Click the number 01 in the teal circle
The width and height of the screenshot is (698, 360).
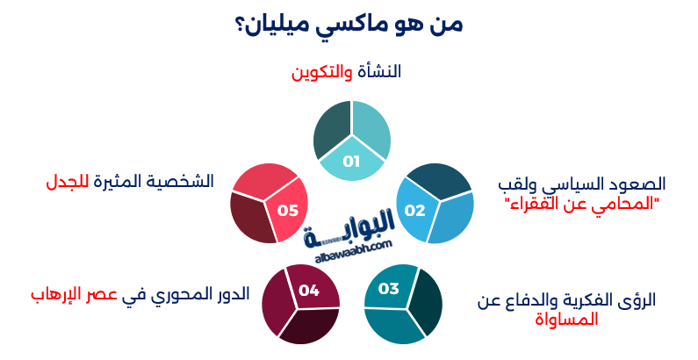[352, 162]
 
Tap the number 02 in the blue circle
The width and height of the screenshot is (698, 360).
[414, 211]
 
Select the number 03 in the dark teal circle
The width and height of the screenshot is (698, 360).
[389, 289]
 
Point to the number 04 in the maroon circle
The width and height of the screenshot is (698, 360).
[308, 289]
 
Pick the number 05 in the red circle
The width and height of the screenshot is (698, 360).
[288, 211]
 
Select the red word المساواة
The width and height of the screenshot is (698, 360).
[566, 320]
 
